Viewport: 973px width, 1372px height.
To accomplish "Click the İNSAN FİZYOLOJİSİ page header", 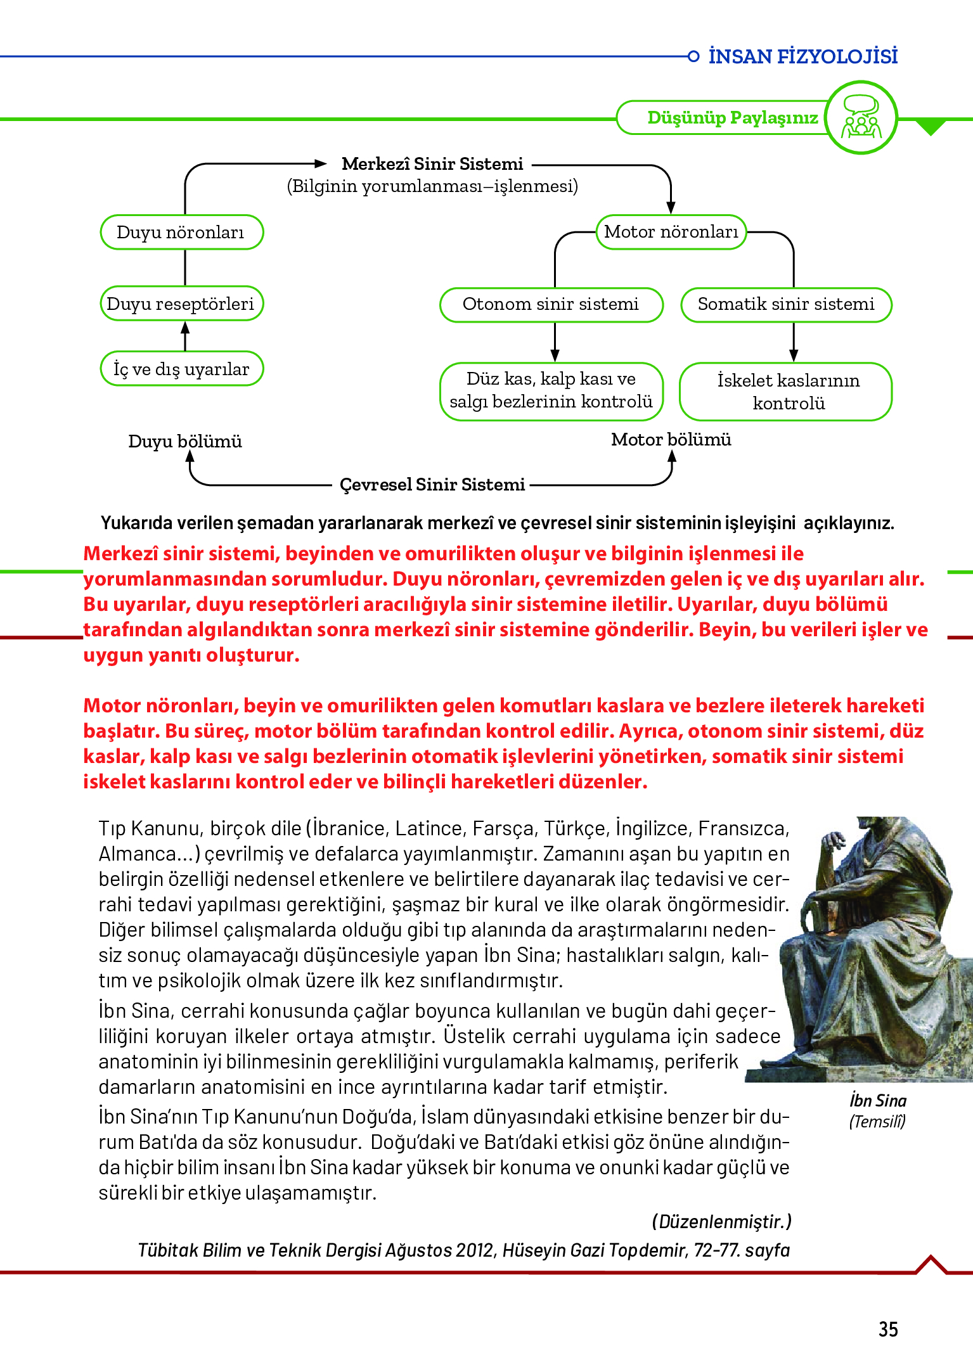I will click(802, 56).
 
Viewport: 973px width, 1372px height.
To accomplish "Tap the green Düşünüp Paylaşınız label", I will click(732, 118).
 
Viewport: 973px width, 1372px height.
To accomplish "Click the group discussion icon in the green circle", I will click(861, 117).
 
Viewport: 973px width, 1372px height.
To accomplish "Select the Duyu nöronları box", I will click(181, 233).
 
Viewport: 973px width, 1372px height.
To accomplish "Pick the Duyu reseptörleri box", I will click(181, 304).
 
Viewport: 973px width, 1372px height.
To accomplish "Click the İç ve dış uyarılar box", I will click(181, 369).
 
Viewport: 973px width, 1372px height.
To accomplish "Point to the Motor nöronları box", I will click(671, 232).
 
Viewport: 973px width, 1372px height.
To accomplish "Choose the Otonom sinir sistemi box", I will click(551, 304).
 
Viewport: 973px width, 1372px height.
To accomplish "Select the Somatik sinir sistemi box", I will click(786, 304).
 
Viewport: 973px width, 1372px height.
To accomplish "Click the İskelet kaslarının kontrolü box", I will click(786, 392).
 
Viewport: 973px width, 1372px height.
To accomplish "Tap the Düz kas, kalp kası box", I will click(551, 390).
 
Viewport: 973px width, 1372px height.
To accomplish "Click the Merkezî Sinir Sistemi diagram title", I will click(432, 164).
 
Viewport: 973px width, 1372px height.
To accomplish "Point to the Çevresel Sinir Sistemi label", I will click(432, 485).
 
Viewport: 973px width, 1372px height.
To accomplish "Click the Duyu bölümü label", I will click(184, 441).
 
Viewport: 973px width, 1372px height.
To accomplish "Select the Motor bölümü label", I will click(671, 440).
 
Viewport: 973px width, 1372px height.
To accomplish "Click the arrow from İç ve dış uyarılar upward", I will click(185, 335).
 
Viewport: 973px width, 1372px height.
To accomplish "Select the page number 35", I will click(888, 1329).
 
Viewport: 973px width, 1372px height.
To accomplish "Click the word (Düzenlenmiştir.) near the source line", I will click(721, 1222).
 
